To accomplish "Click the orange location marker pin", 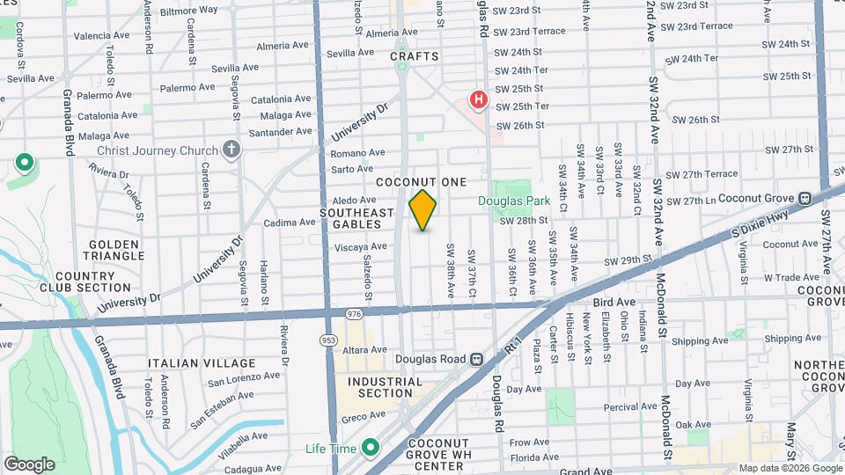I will (423, 209).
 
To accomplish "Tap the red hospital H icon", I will (479, 100).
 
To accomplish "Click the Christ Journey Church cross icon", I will (231, 150).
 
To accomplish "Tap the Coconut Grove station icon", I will (805, 199).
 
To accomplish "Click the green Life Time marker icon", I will (371, 449).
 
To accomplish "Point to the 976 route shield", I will (355, 314).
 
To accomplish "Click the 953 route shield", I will (327, 339).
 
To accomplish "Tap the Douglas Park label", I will (514, 201).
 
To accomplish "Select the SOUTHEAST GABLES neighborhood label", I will (356, 219).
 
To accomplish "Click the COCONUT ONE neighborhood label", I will (420, 182).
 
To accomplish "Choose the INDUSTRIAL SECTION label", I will (385, 387).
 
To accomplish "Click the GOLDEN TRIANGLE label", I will (115, 249).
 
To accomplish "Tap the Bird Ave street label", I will (614, 302).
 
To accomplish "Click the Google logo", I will (29, 464).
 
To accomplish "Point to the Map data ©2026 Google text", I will (790, 468).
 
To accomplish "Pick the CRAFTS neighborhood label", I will (414, 56).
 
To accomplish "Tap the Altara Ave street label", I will (363, 349).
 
